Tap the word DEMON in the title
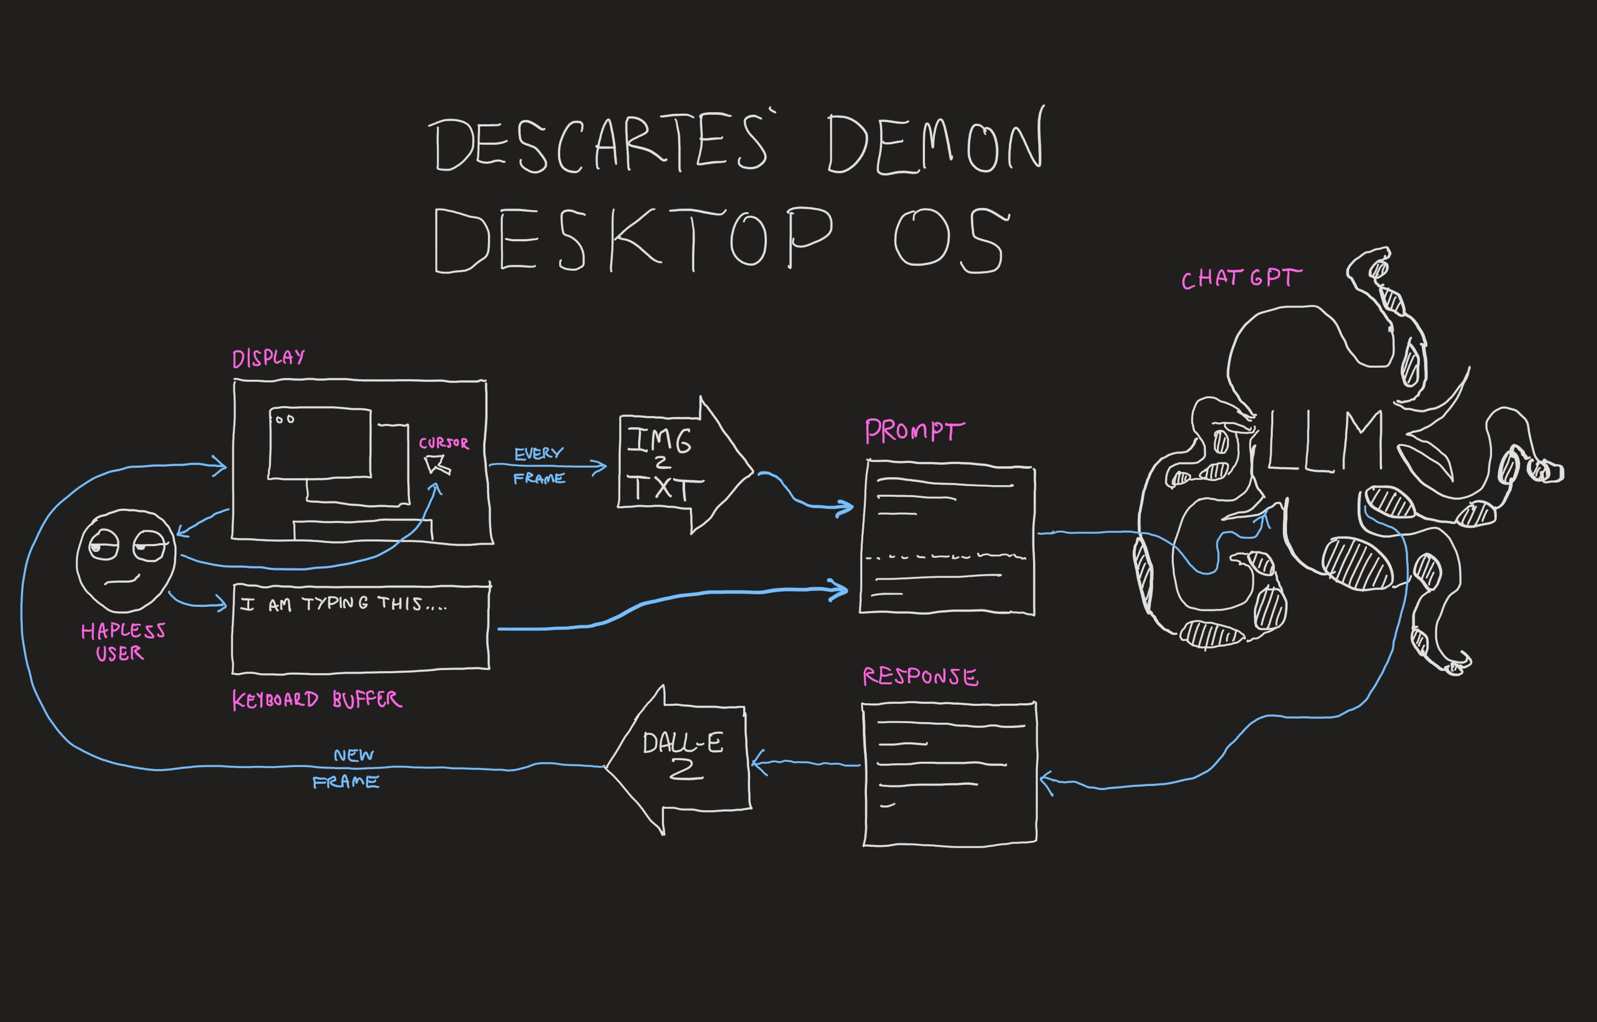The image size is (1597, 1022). click(x=936, y=143)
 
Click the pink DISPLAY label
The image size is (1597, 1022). click(x=268, y=358)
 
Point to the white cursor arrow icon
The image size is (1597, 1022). click(x=438, y=464)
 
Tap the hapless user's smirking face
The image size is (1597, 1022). click(x=126, y=561)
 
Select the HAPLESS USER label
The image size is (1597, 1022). click(x=122, y=642)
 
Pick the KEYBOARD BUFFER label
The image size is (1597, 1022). click(x=317, y=700)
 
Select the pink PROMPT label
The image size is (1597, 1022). click(x=914, y=431)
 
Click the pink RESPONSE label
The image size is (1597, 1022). click(x=920, y=677)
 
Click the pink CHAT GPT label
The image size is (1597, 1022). click(x=1241, y=279)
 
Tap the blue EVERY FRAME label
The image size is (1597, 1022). click(x=539, y=465)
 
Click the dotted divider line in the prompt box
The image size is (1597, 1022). click(x=946, y=557)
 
